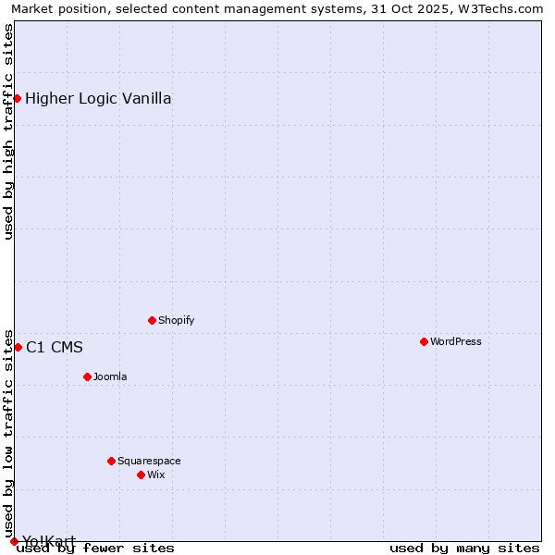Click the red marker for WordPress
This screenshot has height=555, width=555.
(x=424, y=341)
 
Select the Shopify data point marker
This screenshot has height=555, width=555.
(x=152, y=320)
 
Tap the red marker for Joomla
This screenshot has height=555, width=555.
(x=87, y=376)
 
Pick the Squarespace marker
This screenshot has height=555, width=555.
(x=111, y=461)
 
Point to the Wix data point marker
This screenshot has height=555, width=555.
(x=141, y=475)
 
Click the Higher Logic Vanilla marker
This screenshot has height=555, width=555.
(x=17, y=98)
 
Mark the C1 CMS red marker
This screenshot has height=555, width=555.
(x=18, y=347)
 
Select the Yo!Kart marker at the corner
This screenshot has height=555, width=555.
(x=14, y=541)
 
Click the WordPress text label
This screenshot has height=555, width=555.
(x=455, y=341)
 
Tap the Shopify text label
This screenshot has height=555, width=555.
(x=176, y=320)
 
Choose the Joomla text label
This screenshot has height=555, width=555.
(x=110, y=376)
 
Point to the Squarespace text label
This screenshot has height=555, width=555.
(x=149, y=461)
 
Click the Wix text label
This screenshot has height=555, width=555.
(x=155, y=475)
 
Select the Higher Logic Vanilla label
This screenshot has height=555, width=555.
(x=98, y=99)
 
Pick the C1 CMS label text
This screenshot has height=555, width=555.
(x=55, y=348)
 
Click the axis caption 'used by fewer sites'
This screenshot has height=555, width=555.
(x=96, y=548)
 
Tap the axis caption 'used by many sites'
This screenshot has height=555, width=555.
(x=464, y=548)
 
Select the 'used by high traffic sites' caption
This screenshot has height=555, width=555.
(x=9, y=131)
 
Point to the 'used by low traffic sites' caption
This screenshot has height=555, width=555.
(x=9, y=434)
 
